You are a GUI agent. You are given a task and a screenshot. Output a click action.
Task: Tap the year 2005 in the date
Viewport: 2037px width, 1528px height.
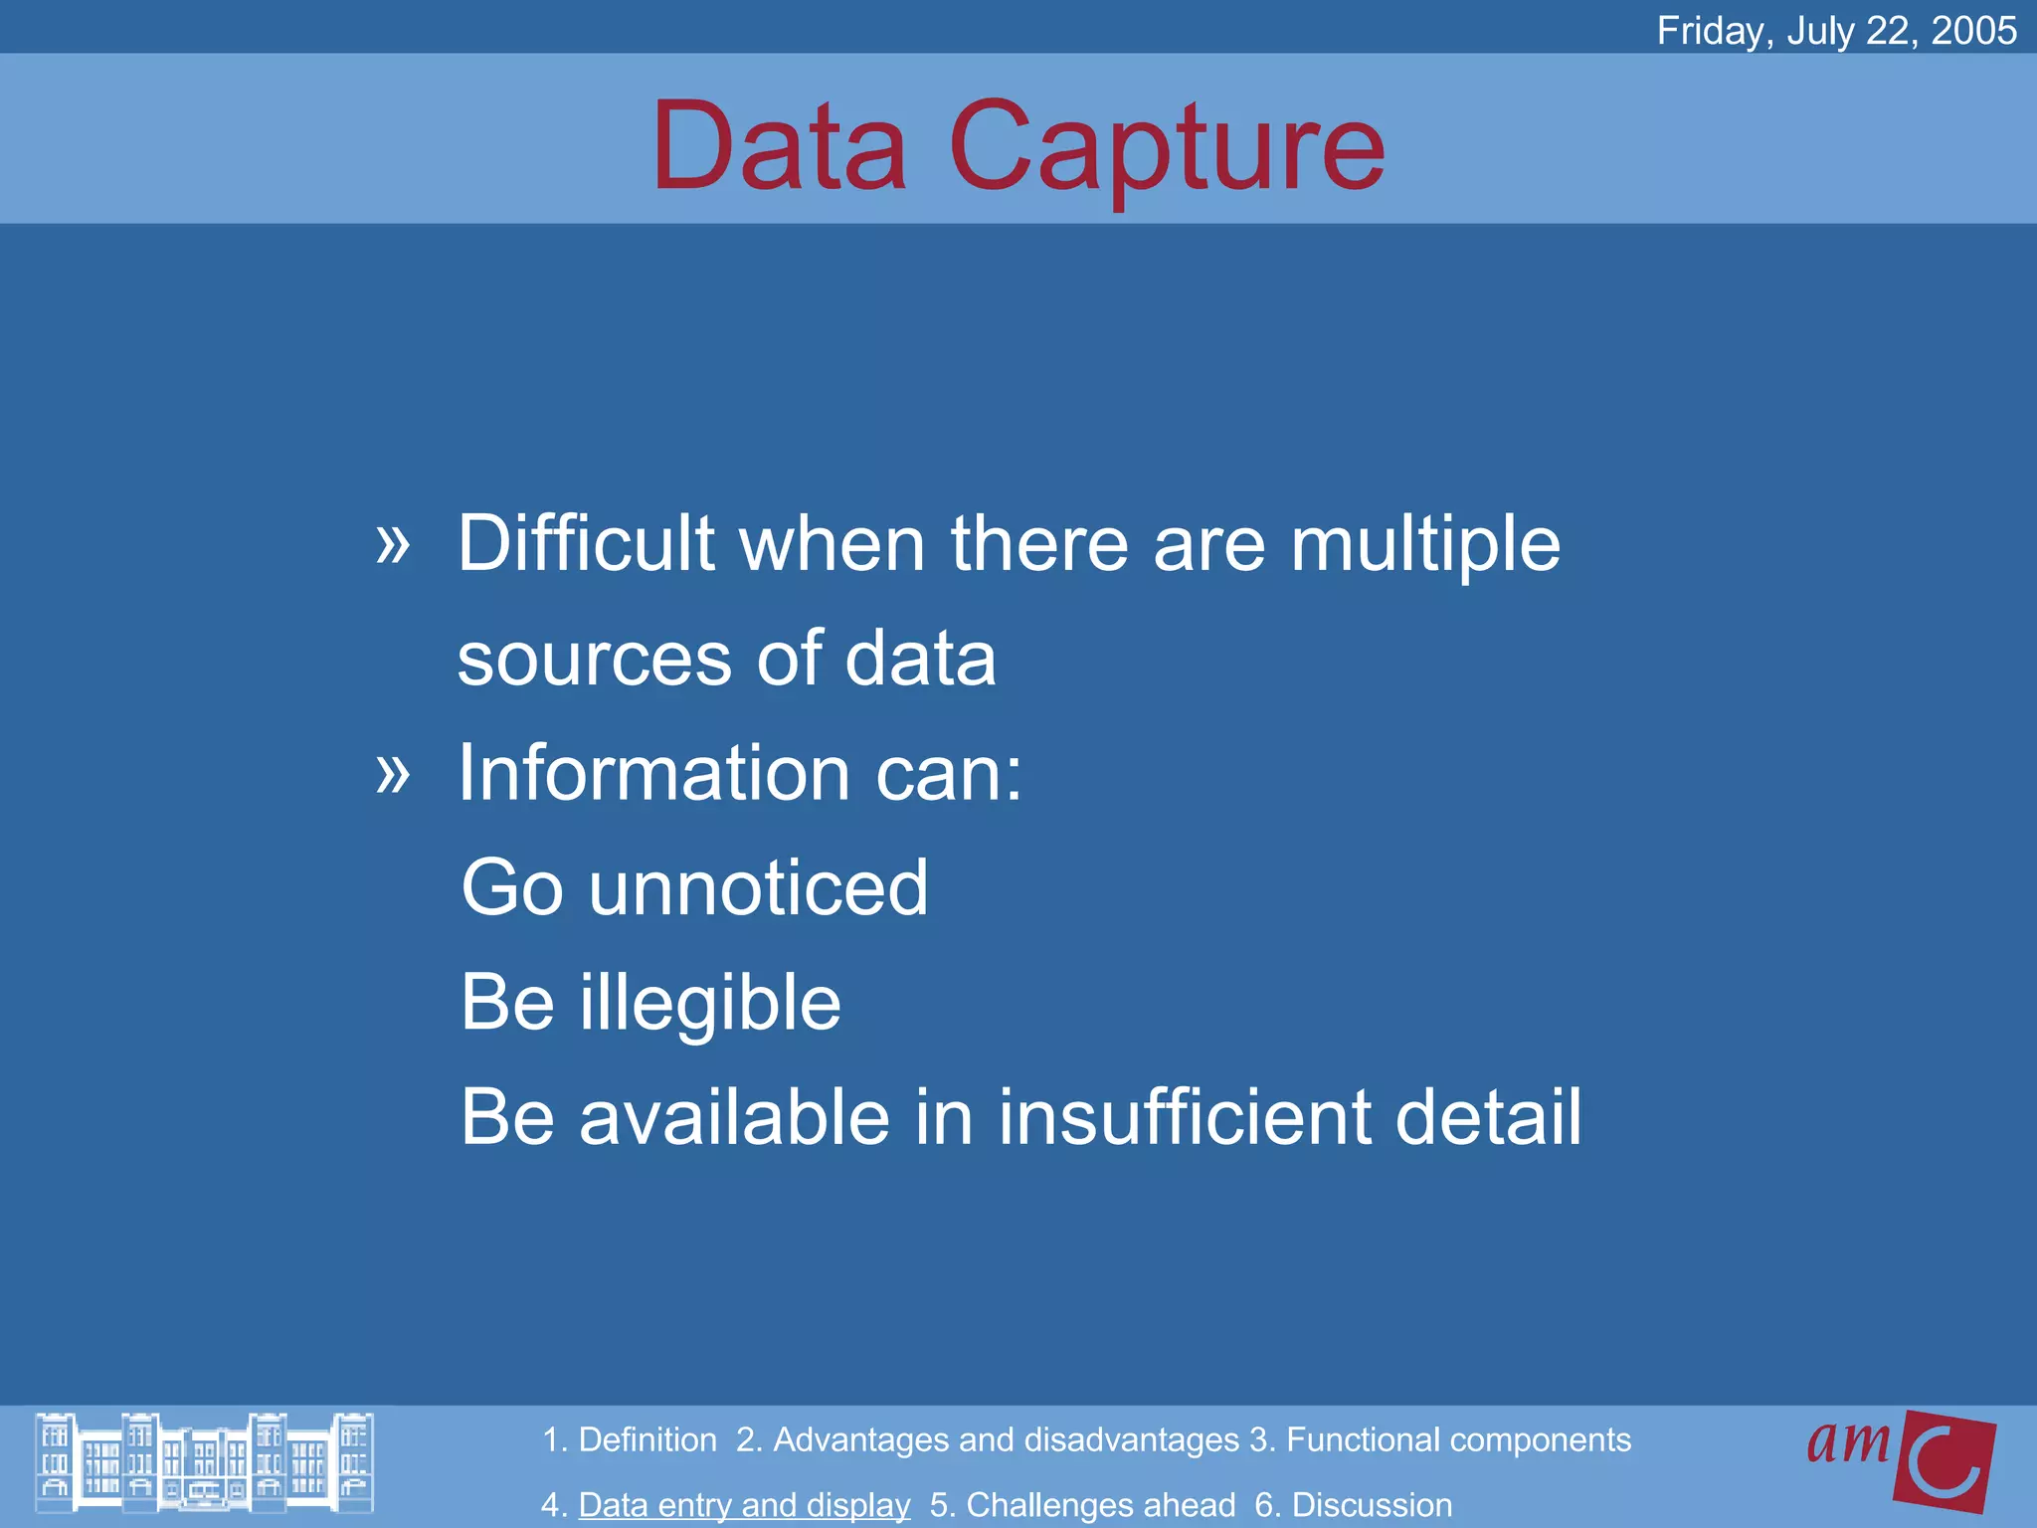(x=1973, y=31)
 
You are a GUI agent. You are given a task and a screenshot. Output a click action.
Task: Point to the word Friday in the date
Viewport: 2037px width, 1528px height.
(x=1710, y=31)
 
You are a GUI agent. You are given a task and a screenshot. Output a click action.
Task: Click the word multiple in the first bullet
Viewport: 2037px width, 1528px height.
(x=1424, y=545)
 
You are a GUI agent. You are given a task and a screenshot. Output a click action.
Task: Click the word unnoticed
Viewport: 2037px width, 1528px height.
(x=758, y=887)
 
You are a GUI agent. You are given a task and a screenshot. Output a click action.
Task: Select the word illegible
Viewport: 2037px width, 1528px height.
(x=710, y=1003)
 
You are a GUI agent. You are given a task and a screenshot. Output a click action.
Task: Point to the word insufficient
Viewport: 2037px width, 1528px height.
(x=1183, y=1117)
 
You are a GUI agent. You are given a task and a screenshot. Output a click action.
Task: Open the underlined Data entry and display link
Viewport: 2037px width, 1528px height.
(x=744, y=1505)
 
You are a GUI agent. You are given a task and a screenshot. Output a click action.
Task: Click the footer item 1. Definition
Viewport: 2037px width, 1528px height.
(x=630, y=1440)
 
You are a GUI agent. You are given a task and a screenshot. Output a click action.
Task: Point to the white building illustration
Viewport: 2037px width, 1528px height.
(x=204, y=1462)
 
